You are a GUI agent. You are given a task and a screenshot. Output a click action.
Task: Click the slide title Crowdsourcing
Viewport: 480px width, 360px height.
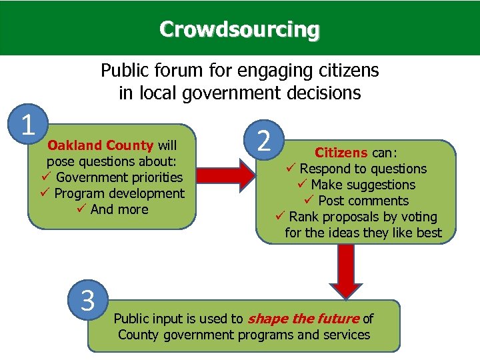pos(239,30)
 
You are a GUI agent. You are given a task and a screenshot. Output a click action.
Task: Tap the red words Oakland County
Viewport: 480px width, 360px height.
pos(101,145)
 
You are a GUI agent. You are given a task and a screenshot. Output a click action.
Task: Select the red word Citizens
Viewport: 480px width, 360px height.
pos(340,153)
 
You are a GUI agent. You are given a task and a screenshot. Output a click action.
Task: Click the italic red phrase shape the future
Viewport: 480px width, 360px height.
pos(303,319)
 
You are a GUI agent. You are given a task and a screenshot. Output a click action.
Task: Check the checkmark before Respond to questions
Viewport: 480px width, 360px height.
pos(290,169)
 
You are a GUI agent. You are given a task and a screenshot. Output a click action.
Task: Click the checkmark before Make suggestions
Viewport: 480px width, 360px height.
pos(301,185)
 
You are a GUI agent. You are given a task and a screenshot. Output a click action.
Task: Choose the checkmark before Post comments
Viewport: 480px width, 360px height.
pos(309,201)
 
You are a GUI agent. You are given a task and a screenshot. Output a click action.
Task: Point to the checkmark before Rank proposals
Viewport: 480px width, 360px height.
pos(280,217)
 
